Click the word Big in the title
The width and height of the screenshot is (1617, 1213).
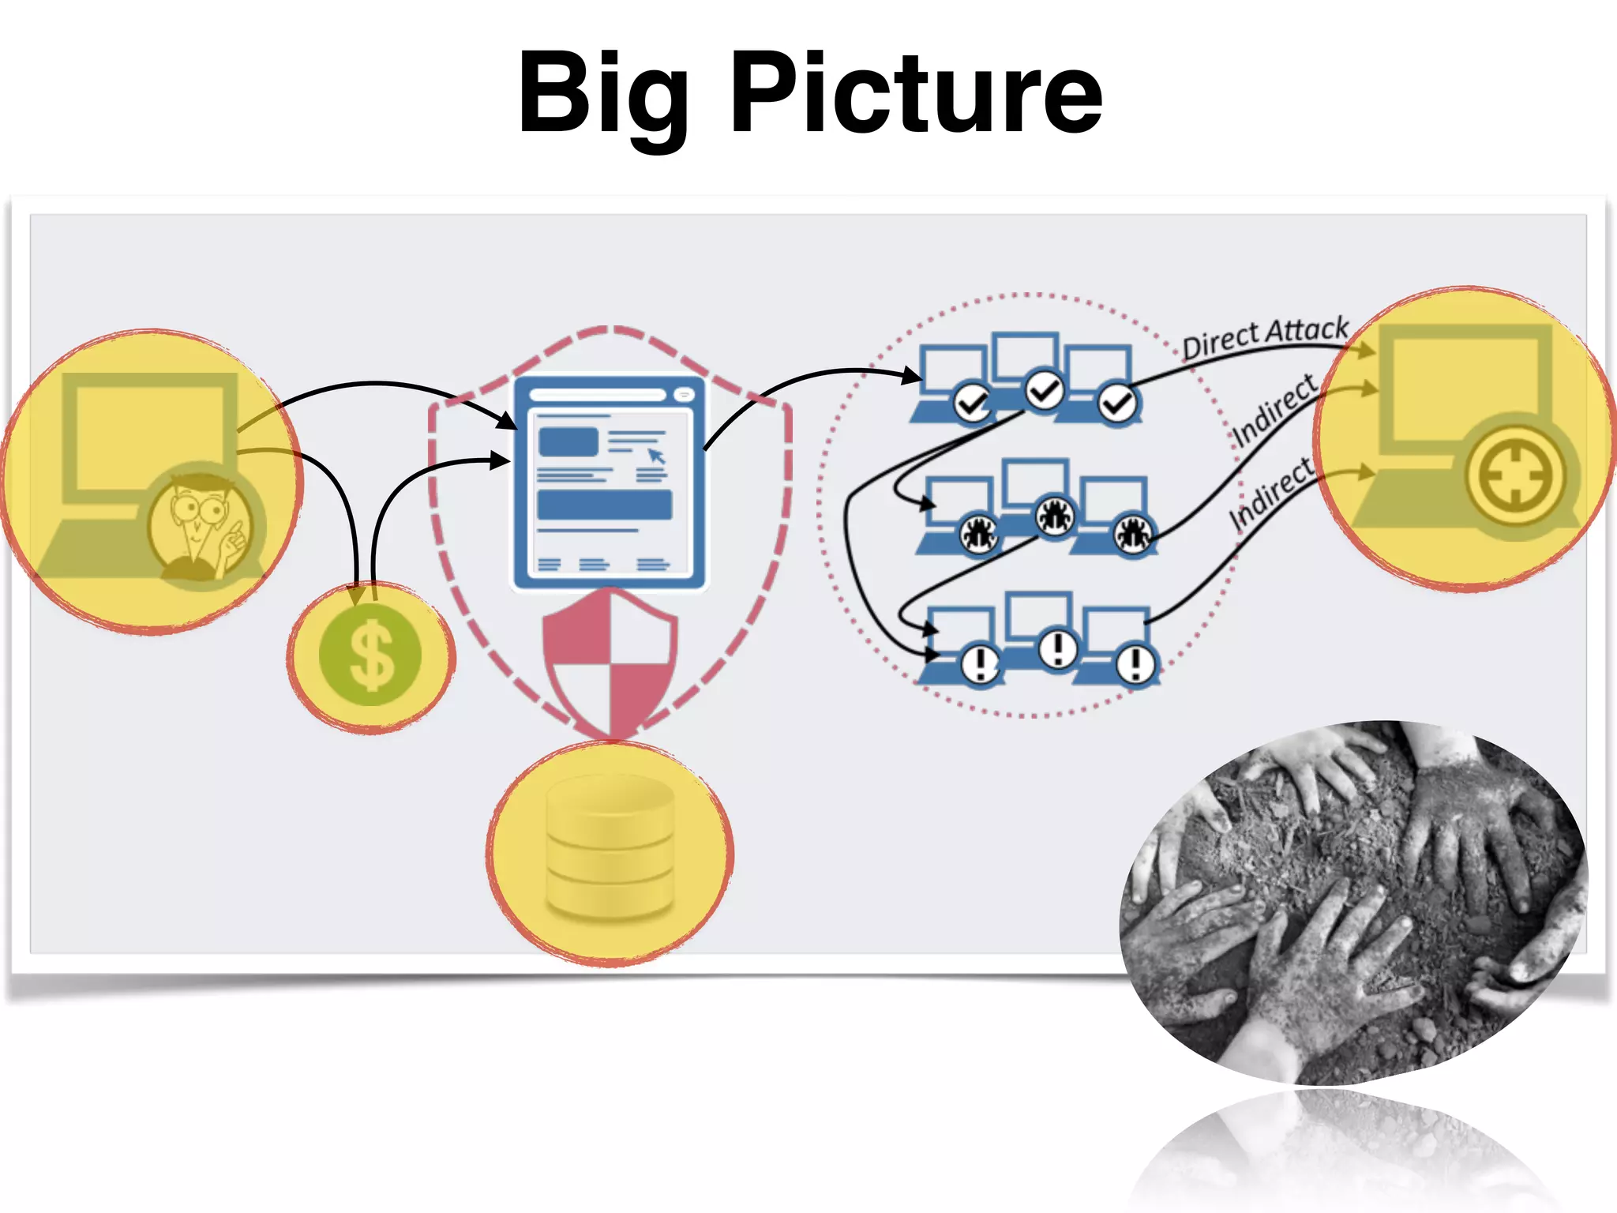tap(603, 95)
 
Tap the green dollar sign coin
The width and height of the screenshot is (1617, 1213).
tap(370, 655)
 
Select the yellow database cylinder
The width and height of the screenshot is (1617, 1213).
tap(610, 849)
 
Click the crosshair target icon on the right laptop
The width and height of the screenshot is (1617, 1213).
tap(1514, 476)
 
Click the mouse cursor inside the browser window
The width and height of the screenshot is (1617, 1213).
tap(656, 456)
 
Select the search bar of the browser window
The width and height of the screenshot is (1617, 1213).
tap(598, 395)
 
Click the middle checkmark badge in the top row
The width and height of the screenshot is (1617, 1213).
tap(1045, 390)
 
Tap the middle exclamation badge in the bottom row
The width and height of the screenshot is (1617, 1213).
tap(1057, 649)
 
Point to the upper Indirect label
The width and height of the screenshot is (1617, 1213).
tap(1274, 409)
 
